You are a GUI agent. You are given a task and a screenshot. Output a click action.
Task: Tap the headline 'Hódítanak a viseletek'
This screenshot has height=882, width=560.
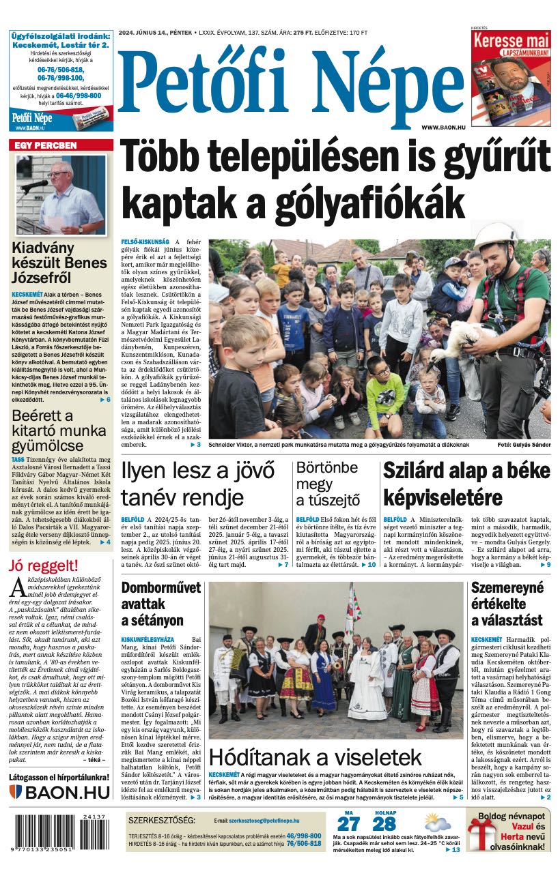coord(316,756)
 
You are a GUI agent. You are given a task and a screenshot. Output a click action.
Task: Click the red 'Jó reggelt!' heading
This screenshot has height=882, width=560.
coord(44,565)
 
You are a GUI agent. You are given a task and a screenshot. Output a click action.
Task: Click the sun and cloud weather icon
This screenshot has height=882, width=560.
coord(436,821)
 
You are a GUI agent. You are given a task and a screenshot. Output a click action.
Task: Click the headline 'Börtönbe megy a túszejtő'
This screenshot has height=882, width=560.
coord(327,484)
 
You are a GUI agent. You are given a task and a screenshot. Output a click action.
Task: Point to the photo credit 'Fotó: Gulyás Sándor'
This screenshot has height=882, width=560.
coord(524,445)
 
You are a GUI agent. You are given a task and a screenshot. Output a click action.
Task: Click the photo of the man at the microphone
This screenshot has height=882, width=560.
coord(61,195)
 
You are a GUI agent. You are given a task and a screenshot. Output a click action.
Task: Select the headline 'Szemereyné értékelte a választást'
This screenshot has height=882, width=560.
coord(507,604)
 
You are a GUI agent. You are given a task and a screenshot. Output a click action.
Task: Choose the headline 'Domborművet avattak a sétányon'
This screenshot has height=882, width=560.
coord(161,604)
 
